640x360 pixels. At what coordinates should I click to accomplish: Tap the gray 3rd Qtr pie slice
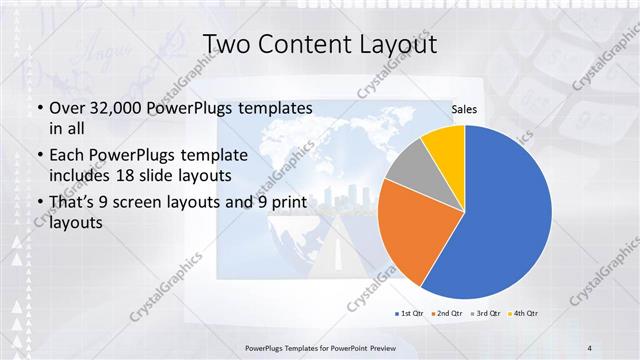[407, 170]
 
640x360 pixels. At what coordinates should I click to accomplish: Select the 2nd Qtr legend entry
[447, 313]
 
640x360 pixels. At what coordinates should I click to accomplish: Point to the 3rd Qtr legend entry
[486, 313]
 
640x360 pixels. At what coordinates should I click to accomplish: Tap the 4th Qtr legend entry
[524, 313]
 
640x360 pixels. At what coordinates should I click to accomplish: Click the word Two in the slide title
[228, 45]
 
